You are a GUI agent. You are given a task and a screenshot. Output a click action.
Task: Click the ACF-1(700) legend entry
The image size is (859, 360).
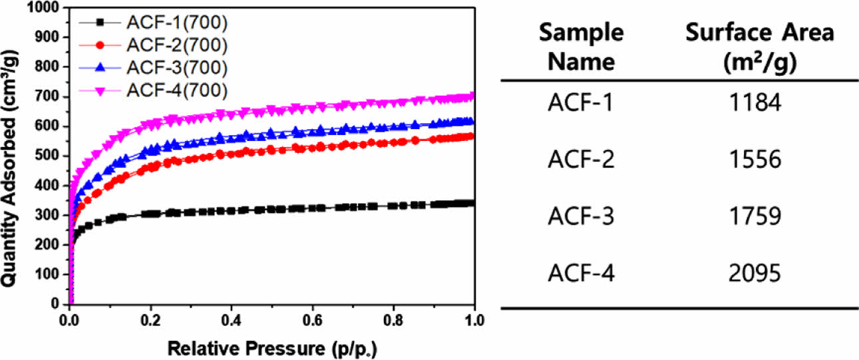[176, 23]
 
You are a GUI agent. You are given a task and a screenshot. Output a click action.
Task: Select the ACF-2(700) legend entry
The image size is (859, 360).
[176, 46]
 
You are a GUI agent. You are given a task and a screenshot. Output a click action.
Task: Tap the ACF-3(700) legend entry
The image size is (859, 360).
[176, 68]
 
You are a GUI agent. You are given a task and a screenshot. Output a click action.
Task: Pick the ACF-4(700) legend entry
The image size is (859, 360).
[176, 90]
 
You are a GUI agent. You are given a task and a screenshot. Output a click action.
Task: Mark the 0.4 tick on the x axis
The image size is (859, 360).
[232, 318]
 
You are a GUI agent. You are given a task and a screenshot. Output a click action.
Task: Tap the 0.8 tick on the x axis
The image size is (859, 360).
[394, 318]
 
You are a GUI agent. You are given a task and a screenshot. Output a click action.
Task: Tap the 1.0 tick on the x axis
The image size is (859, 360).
[474, 318]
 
